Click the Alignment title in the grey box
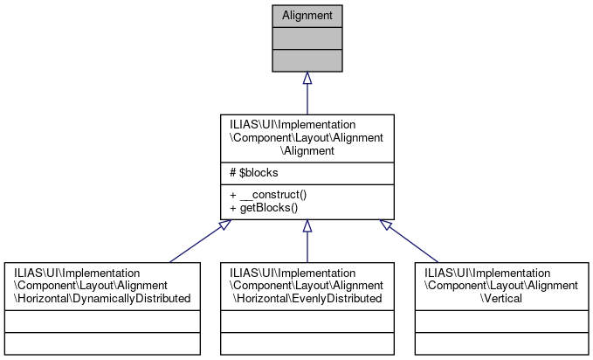click(307, 16)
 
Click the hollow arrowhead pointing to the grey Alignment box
click(307, 79)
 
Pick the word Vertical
click(501, 299)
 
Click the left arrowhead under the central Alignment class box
click(225, 225)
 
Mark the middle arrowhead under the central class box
click(307, 226)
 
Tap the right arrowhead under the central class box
click(388, 225)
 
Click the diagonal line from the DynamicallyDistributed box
click(197, 244)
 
